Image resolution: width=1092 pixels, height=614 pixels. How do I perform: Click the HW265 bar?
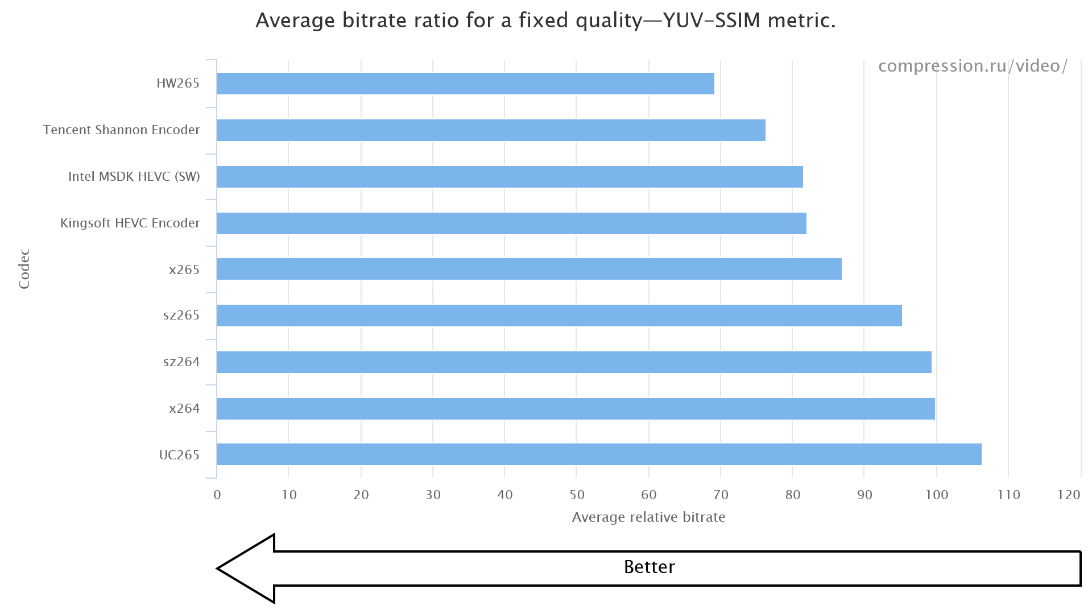point(465,84)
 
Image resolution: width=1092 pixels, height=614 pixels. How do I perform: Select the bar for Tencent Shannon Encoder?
point(491,130)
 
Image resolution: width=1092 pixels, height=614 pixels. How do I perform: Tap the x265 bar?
point(529,269)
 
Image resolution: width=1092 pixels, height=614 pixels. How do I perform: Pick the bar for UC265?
point(599,454)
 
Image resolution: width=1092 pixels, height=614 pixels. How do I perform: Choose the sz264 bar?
point(574,362)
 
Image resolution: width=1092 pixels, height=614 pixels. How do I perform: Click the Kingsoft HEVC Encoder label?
point(130,223)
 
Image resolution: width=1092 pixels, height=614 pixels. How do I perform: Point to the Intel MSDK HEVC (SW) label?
point(134,176)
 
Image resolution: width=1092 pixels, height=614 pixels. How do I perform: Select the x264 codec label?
point(184,408)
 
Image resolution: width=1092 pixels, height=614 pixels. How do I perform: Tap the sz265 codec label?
point(181,315)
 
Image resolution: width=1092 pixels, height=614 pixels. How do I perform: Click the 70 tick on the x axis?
point(721,495)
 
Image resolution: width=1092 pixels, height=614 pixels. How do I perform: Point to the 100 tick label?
point(937,495)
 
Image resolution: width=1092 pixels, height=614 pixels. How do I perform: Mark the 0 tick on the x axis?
point(217,495)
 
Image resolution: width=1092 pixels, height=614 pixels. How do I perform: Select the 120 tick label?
point(1069,495)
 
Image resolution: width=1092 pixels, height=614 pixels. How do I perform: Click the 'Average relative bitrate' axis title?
point(648,517)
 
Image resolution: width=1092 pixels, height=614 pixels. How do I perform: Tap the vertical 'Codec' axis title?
point(24,269)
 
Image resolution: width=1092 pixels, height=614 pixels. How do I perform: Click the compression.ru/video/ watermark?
point(973,66)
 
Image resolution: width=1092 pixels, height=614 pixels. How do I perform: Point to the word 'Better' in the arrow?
point(649,567)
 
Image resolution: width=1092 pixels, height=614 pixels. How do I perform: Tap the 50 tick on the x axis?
point(577,495)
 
